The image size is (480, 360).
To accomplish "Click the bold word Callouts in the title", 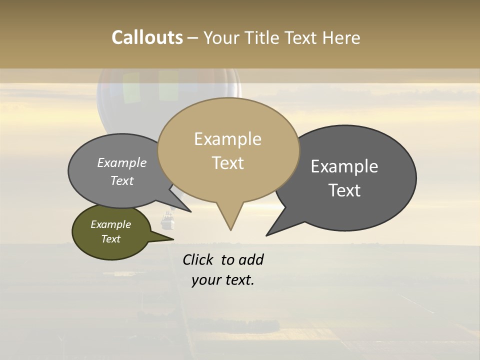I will click(x=147, y=37).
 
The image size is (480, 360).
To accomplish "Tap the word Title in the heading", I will click(x=263, y=38).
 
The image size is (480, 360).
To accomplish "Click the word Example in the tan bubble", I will click(x=227, y=139).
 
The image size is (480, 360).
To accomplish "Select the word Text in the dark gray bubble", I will click(x=344, y=190).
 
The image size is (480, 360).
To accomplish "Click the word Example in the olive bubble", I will click(x=110, y=224).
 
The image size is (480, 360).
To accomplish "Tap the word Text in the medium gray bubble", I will click(x=122, y=181).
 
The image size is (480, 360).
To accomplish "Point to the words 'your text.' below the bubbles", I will click(x=223, y=280).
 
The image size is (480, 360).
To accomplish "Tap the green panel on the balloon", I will click(x=168, y=85).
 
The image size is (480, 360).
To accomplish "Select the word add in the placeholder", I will click(x=251, y=259).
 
